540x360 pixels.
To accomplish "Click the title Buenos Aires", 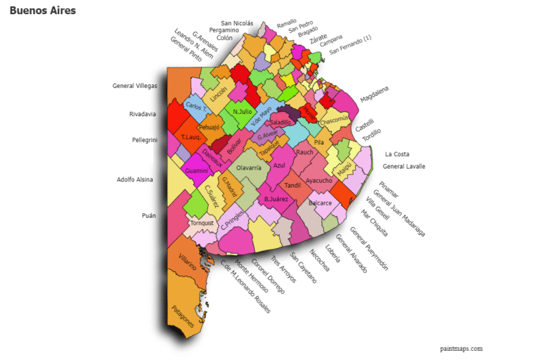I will pyautogui.click(x=42, y=11).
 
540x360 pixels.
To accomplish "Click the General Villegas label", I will pyautogui.click(x=135, y=86).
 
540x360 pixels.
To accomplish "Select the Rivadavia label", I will pyautogui.click(x=143, y=114).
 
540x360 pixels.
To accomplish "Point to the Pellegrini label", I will pyautogui.click(x=144, y=140).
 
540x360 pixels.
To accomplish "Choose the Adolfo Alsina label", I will pyautogui.click(x=134, y=179).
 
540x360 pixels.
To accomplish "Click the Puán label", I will pyautogui.click(x=148, y=216).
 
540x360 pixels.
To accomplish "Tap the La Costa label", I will pyautogui.click(x=397, y=154).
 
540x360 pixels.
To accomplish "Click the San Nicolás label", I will pyautogui.click(x=237, y=23).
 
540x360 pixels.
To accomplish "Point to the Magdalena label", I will pyautogui.click(x=374, y=94).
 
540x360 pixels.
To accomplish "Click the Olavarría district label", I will pyautogui.click(x=249, y=168).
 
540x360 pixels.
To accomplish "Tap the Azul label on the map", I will pyautogui.click(x=279, y=165).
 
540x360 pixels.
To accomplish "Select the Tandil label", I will pyautogui.click(x=292, y=186).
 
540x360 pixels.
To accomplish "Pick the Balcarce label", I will pyautogui.click(x=320, y=203).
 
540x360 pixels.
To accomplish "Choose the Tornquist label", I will pyautogui.click(x=202, y=223).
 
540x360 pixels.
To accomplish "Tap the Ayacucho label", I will pyautogui.click(x=319, y=181).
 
